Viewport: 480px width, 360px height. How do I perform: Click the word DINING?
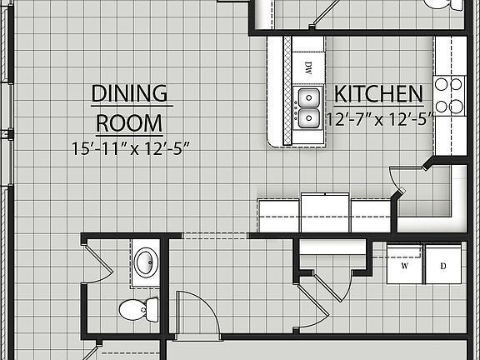[128, 92]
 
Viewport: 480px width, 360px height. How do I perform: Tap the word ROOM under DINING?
[128, 122]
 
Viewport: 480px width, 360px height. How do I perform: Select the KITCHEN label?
[378, 92]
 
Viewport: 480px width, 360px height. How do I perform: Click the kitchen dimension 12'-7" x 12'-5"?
[380, 119]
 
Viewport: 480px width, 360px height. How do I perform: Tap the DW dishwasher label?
[307, 66]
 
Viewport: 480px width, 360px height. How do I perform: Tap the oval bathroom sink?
[147, 261]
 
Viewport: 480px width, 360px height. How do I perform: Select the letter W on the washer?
[405, 267]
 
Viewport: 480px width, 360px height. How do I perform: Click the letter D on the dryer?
[444, 267]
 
